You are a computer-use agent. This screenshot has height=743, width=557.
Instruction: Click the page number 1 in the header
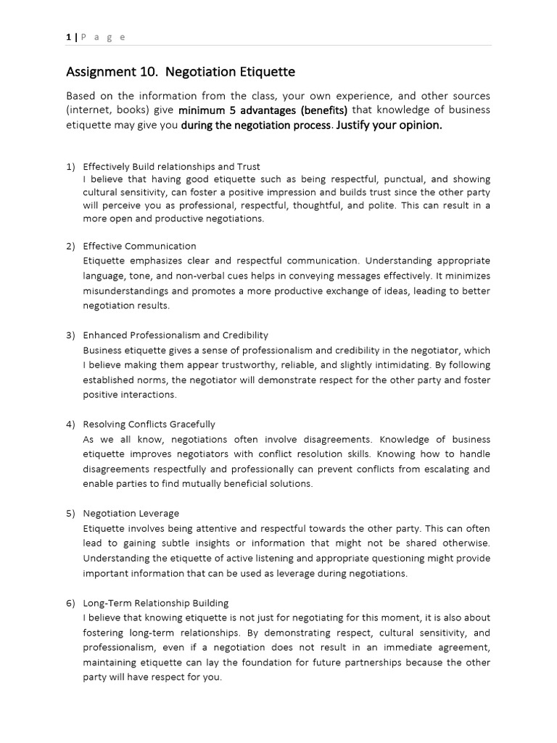click(x=68, y=38)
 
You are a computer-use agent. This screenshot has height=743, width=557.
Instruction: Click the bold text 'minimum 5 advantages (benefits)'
click(x=263, y=110)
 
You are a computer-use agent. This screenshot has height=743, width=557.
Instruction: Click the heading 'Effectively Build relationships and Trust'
click(x=171, y=167)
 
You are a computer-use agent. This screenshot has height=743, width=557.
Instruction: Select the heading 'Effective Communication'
click(x=139, y=246)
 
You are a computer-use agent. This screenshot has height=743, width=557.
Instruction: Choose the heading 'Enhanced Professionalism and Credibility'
click(x=176, y=335)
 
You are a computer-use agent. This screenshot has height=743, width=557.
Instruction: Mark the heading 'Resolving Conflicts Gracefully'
click(x=149, y=424)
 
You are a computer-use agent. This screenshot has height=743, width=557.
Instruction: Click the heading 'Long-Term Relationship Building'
click(x=155, y=603)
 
